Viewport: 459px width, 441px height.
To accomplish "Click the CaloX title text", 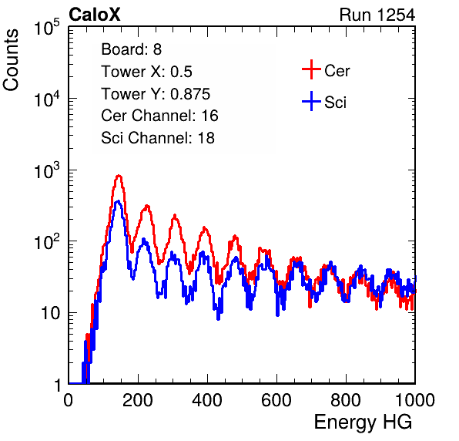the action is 95,15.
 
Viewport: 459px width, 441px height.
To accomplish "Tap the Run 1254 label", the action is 377,15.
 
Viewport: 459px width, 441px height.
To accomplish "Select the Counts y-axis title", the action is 11,60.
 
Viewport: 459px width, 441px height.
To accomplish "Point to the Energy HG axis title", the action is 363,422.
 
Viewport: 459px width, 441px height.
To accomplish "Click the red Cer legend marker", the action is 311,69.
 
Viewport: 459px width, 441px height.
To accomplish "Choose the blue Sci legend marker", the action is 311,102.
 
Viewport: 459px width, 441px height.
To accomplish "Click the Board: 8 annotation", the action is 132,49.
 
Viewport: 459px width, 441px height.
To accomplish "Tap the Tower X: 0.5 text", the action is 146,72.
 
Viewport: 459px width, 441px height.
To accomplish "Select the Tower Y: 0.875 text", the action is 156,94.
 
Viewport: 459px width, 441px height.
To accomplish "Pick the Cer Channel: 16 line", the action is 160,116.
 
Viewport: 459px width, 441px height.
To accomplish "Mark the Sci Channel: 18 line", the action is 158,138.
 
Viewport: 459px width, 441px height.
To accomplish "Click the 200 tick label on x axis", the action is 138,400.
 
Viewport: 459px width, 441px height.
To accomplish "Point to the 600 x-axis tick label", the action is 276,400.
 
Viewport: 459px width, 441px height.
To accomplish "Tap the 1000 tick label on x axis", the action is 415,400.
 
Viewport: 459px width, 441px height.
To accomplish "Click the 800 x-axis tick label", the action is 346,400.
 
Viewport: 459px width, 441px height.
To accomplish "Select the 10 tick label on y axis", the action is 52,313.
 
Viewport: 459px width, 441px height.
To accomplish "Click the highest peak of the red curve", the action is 119,176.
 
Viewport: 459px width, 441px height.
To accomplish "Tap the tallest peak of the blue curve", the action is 118,201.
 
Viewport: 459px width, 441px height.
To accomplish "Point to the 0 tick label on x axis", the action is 69,400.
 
